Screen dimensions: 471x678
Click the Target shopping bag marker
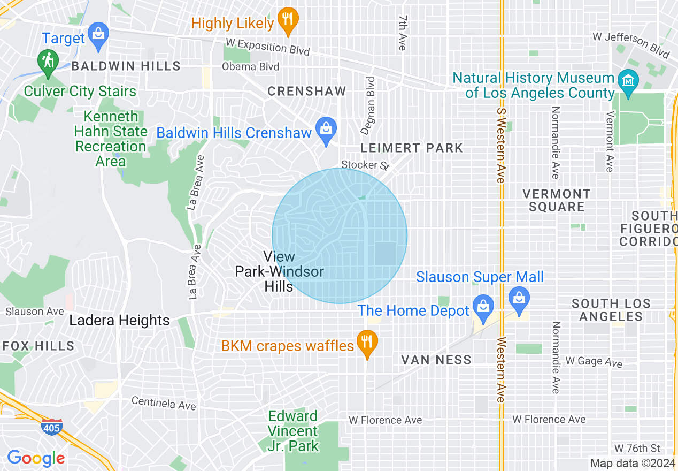tap(98, 35)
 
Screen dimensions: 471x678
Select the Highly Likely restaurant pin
tap(288, 21)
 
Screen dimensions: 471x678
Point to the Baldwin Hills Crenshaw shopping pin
tap(326, 131)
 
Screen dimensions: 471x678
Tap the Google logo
tap(36, 458)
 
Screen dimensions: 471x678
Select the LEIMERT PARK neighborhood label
tap(412, 148)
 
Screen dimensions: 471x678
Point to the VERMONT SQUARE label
tap(556, 200)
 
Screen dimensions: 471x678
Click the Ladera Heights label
tap(120, 321)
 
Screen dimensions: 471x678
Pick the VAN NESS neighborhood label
tap(436, 360)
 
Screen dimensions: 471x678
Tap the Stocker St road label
tap(365, 165)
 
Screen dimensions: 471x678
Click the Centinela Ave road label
tap(164, 403)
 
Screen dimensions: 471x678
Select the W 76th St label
tap(637, 448)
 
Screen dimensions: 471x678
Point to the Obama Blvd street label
tap(251, 67)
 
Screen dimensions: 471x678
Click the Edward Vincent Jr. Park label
tap(293, 431)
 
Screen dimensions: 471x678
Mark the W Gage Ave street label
tap(594, 362)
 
